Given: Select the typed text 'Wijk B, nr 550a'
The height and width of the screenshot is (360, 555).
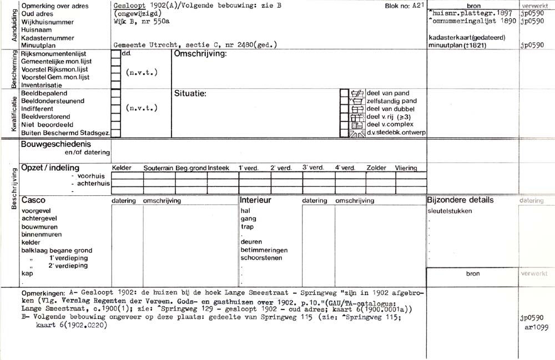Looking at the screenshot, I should pos(140,22).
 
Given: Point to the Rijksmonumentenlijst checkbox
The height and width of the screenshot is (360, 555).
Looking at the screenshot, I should pos(115,54).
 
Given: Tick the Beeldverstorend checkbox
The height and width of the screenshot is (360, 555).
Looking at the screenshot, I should pos(115,117).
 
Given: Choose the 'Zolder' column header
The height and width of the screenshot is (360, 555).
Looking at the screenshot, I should pos(376,168).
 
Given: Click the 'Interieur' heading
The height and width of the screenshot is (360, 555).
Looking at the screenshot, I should pos(255,200).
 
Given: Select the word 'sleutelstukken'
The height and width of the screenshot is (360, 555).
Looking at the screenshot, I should pos(450,211).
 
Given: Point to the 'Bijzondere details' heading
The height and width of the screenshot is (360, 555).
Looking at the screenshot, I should pos(460,200).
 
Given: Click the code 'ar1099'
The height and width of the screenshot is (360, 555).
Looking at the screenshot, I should pos(534,327).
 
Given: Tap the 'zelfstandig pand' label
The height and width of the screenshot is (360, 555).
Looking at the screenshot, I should pos(391,101).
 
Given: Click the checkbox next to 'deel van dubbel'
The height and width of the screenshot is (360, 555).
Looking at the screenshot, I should pos(344,109).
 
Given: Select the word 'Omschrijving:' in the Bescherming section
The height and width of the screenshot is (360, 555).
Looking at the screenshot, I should pos(200,54).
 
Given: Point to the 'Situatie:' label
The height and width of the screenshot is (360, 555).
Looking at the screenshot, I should pos(190,93).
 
